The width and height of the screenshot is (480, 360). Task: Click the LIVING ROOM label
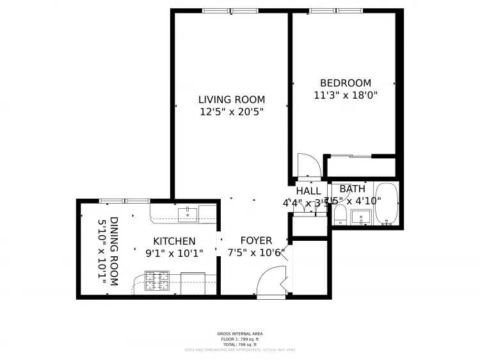(231, 99)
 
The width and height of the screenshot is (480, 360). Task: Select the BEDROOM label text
(346, 83)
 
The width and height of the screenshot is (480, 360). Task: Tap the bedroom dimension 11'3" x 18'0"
(346, 95)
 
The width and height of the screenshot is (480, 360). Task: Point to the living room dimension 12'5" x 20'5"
(231, 111)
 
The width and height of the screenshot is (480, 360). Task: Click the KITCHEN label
(174, 241)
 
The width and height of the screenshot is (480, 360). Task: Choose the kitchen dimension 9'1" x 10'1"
(174, 253)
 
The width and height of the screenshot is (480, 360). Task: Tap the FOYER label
(256, 241)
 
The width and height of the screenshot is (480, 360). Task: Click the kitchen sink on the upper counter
(188, 214)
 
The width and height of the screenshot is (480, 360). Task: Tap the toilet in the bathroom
(340, 215)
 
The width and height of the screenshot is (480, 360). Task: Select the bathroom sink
(362, 217)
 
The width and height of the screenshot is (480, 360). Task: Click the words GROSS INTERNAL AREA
(240, 334)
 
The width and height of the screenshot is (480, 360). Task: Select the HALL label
(308, 191)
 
